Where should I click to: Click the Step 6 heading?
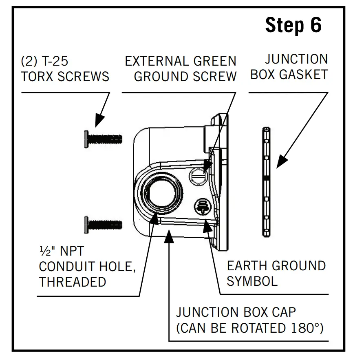click(x=293, y=26)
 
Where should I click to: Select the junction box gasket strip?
click(x=266, y=181)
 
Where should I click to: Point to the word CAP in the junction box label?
click(x=281, y=313)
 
